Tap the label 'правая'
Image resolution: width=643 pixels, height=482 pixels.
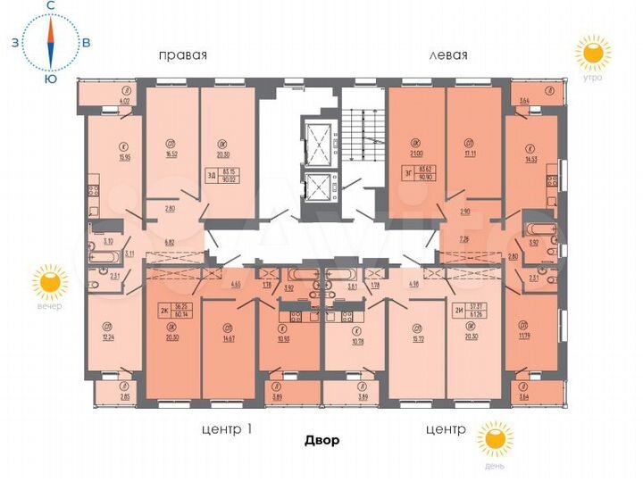(x=182, y=54)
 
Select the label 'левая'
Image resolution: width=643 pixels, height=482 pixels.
(x=448, y=54)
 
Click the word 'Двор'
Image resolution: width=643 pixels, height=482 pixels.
(x=321, y=441)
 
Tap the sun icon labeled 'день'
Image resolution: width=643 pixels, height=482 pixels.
(x=494, y=441)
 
